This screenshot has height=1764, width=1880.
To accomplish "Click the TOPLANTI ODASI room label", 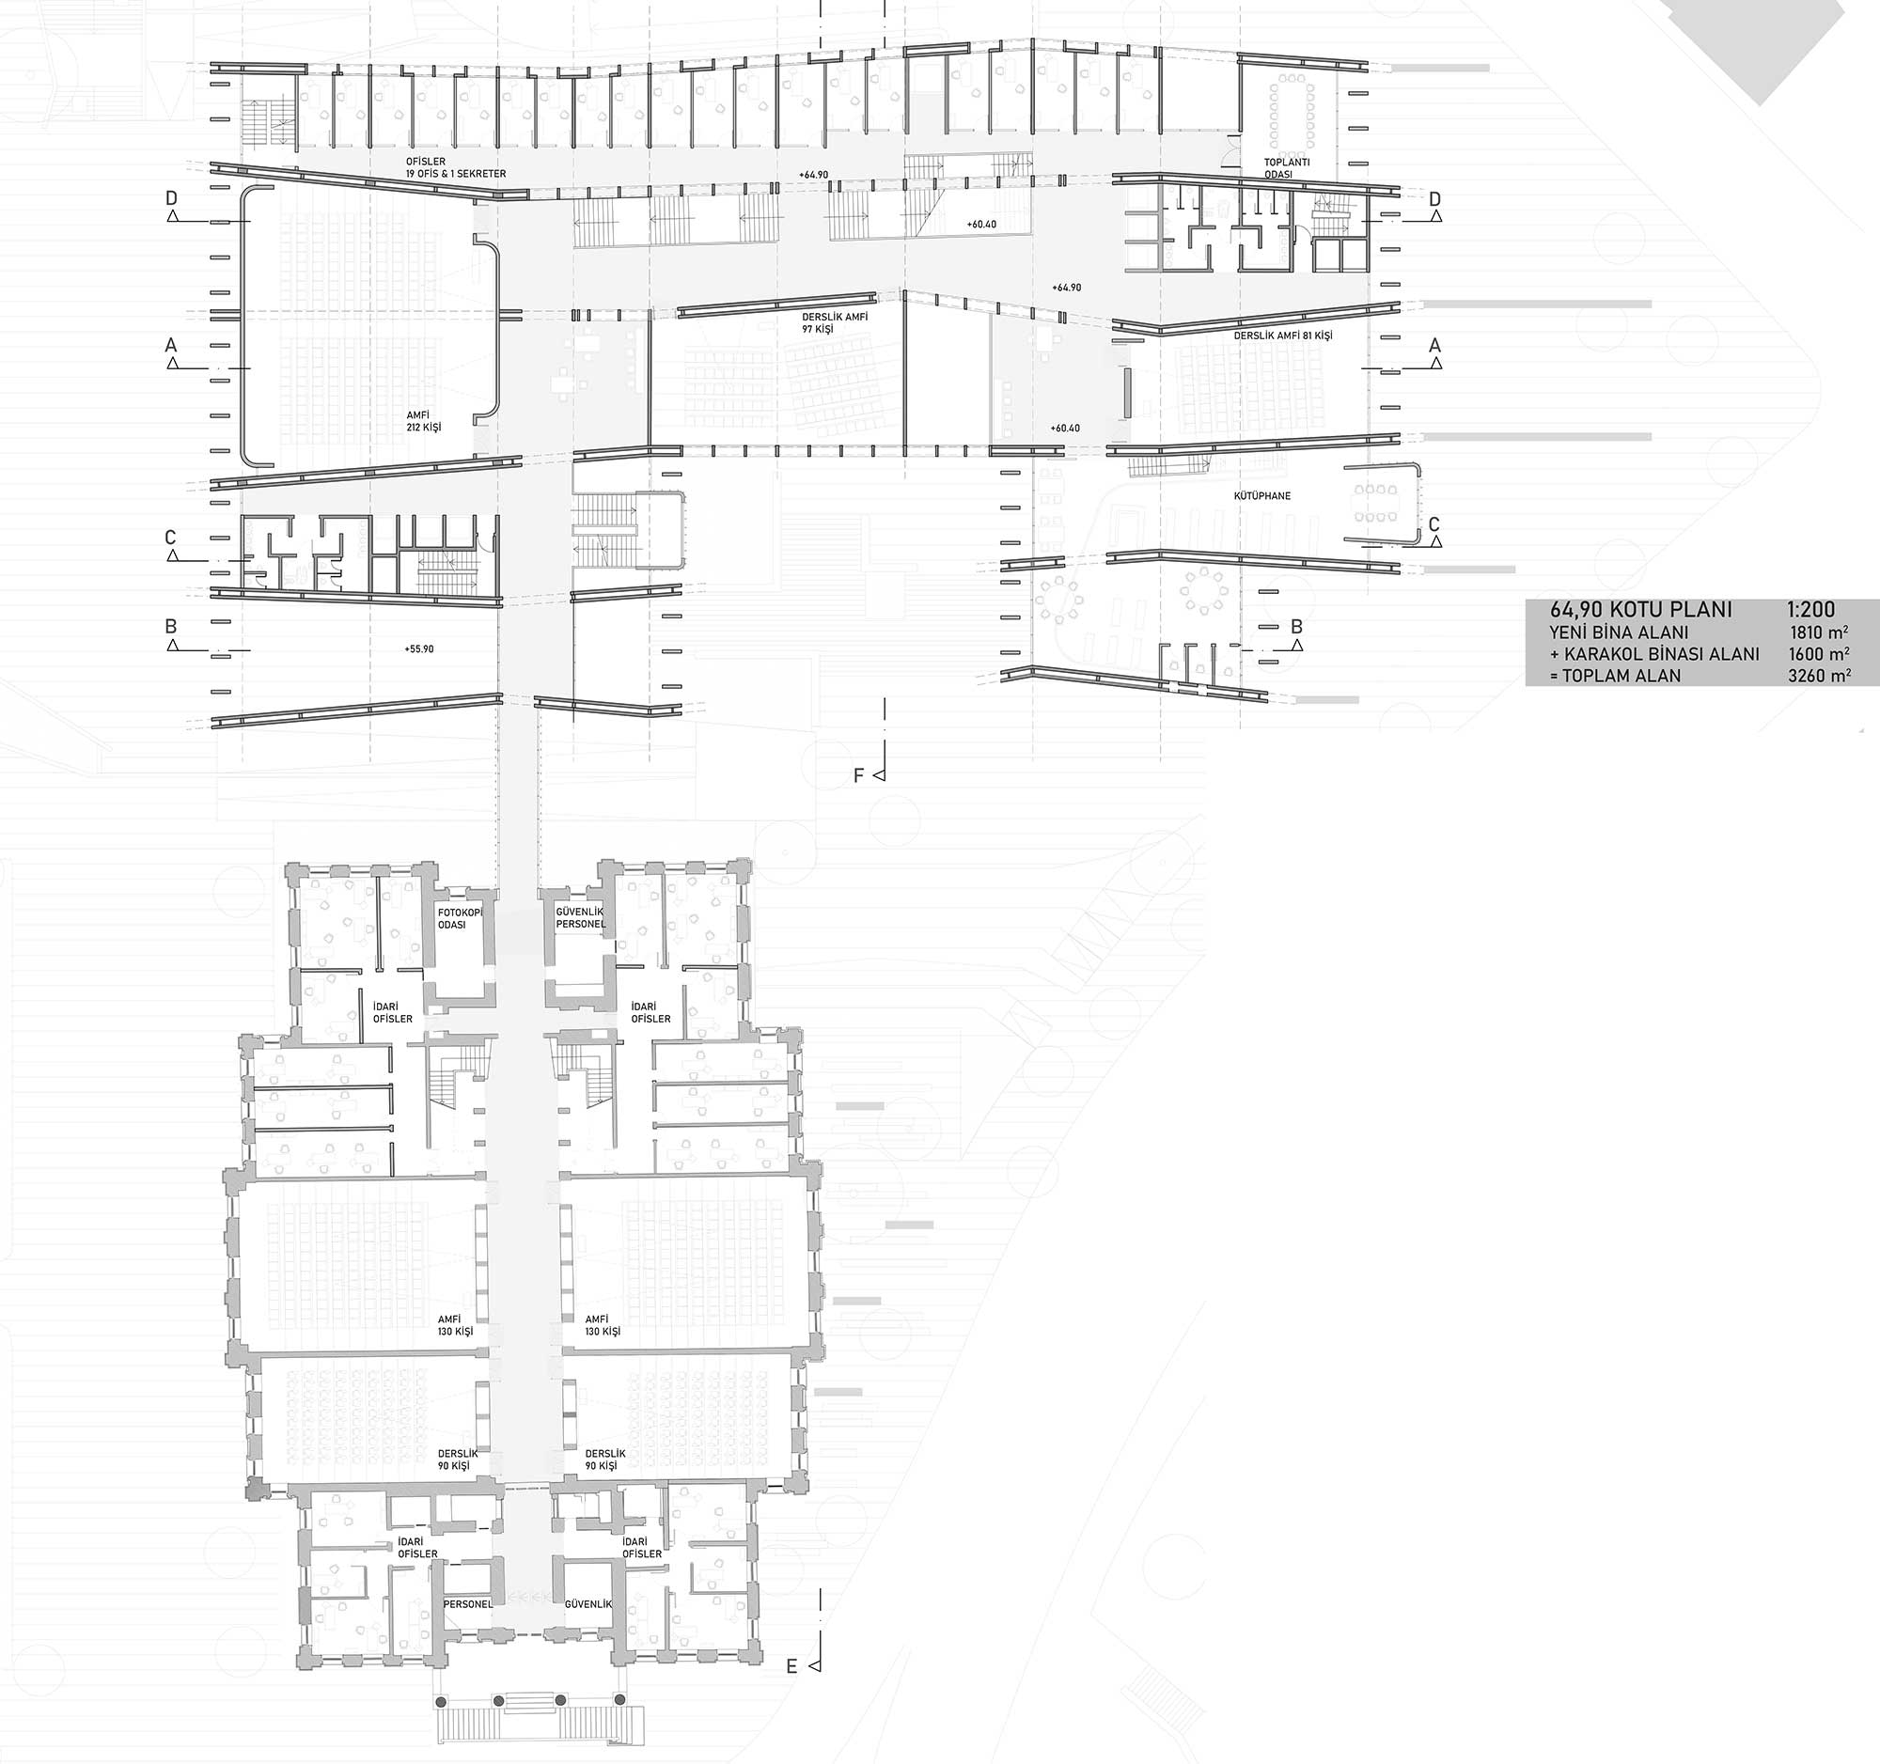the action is point(1287,168).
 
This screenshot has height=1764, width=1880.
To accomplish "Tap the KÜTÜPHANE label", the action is point(1261,495).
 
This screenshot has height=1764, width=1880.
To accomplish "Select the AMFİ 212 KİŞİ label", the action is point(424,421).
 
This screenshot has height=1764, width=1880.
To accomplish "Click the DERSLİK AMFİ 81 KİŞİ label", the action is point(1282,336).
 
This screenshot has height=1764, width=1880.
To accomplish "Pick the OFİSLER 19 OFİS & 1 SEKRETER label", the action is point(456,168).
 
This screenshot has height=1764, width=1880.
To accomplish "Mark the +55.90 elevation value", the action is point(418,649).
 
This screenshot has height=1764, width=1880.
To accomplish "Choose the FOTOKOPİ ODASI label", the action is point(460,918).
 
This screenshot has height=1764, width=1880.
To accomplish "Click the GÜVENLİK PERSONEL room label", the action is point(580,917).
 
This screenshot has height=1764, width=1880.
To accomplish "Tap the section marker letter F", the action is point(858,776).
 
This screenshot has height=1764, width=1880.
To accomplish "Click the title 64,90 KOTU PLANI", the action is point(1640,610).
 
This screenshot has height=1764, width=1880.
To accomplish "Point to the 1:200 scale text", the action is point(1809,611).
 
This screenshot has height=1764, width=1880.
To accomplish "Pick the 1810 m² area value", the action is point(1820,632).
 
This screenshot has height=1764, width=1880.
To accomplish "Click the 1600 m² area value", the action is point(1820,653).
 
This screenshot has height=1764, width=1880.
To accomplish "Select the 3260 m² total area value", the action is point(1820,675).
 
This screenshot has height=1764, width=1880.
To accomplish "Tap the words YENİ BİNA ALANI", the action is point(1618,632).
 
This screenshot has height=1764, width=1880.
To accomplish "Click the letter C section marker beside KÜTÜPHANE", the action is point(1433,524).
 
